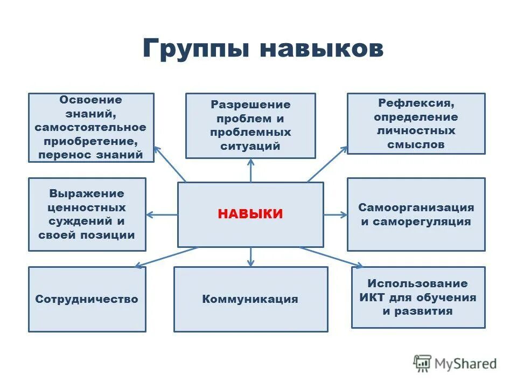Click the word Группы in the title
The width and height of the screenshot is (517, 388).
196,50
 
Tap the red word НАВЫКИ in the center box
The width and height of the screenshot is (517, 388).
250,214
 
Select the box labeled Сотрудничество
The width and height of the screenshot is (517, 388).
87,299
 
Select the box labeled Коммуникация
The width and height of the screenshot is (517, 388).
250,299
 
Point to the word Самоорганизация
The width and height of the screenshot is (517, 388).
416,207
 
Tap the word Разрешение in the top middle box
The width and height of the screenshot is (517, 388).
250,104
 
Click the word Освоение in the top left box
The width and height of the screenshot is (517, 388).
90,100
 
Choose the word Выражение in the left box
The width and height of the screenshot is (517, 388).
87,193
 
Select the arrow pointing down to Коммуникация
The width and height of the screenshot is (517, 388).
250,257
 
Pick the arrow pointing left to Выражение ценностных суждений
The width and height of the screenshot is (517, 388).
162,214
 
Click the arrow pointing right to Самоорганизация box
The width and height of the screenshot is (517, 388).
336,214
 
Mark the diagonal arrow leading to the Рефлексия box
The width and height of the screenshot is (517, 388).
328,163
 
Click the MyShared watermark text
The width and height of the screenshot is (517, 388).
466,364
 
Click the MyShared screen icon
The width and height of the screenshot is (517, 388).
423,364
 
